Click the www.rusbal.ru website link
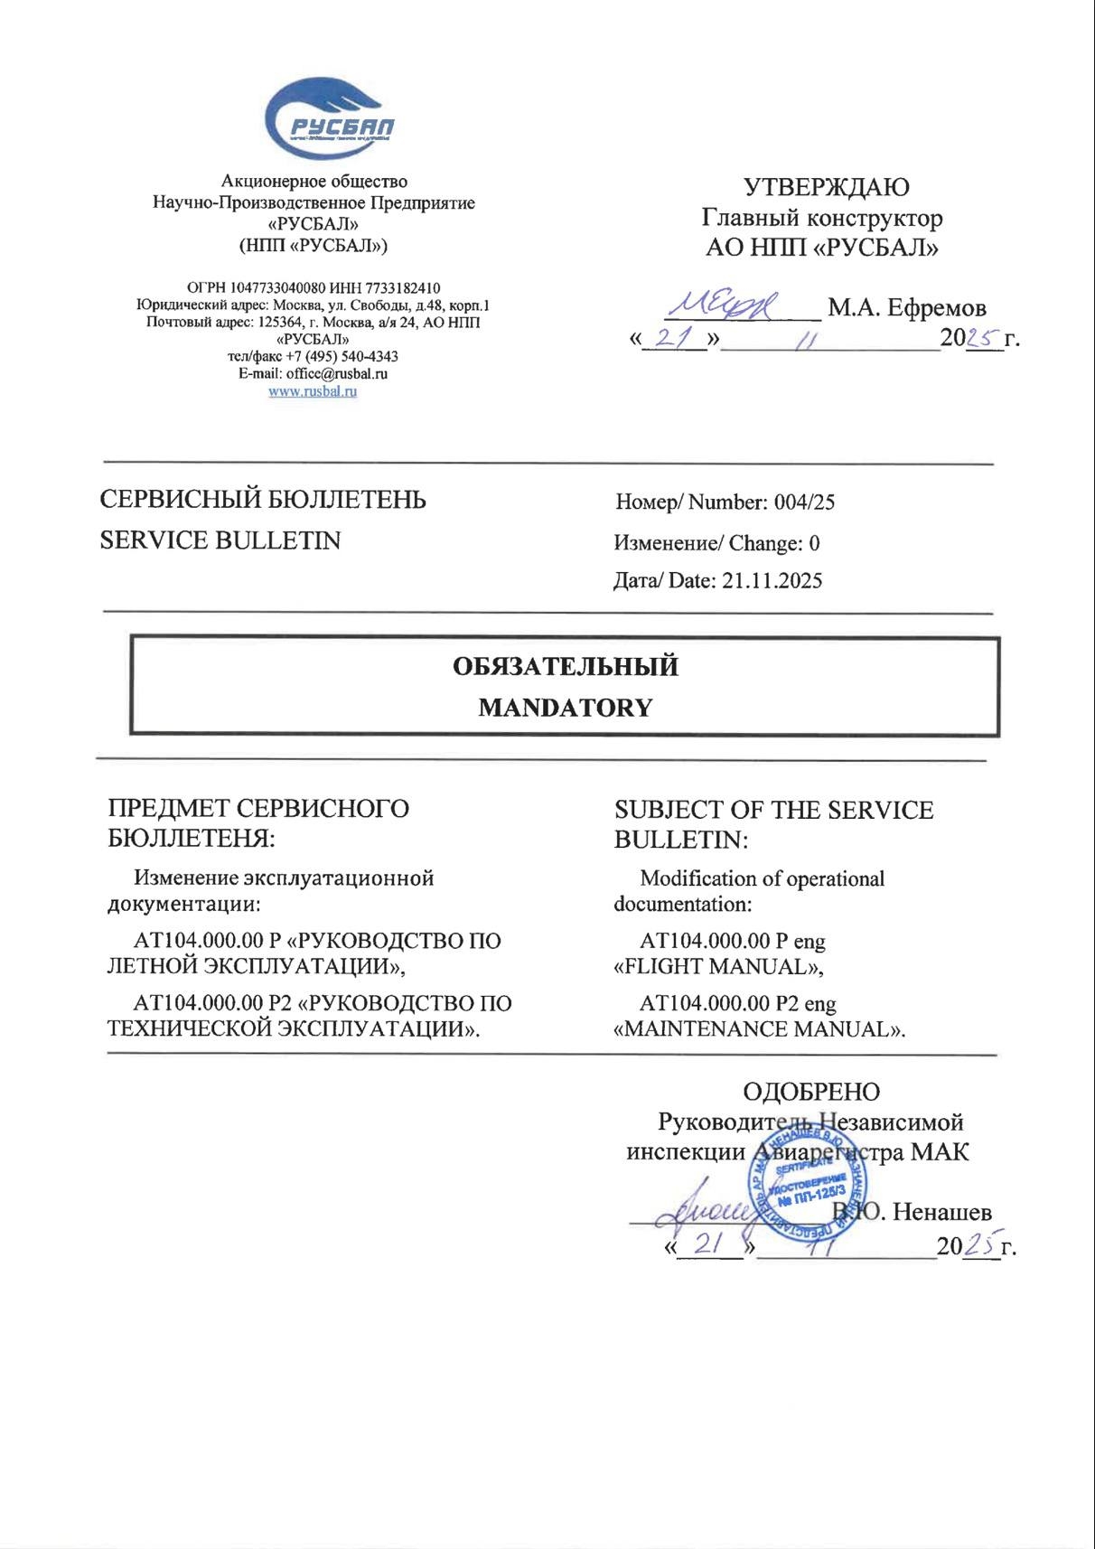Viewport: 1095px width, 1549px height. point(313,391)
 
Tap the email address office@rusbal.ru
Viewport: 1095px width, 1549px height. point(337,373)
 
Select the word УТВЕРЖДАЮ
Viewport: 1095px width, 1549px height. point(826,187)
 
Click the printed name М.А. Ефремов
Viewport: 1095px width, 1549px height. point(906,308)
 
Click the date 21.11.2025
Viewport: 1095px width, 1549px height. point(772,581)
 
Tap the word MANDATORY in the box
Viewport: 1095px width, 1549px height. point(565,708)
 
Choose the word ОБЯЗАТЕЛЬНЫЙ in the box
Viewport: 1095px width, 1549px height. point(565,667)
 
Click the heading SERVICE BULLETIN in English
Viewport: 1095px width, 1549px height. point(220,540)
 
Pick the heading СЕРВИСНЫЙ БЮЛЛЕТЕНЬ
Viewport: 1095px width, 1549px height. point(262,500)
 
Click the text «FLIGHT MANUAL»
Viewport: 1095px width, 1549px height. point(719,967)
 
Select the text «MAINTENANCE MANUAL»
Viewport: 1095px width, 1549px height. point(759,1029)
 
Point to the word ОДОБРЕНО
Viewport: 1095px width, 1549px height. point(810,1092)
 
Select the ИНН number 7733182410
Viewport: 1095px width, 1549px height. point(398,288)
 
